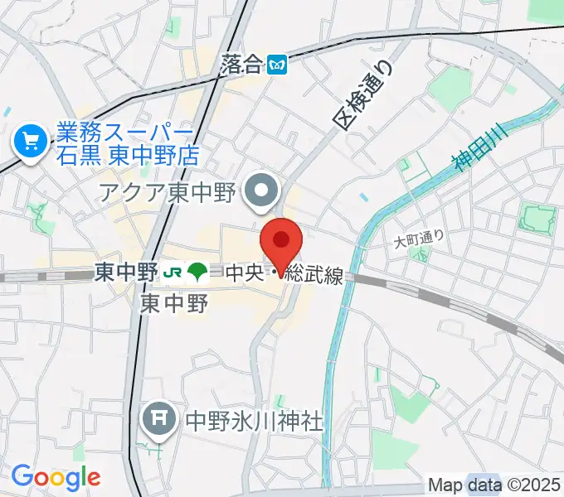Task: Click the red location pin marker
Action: (x=281, y=241)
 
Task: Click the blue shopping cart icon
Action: (x=32, y=142)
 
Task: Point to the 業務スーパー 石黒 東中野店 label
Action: (x=124, y=142)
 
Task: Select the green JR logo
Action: (x=173, y=271)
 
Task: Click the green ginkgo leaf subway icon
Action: (x=197, y=271)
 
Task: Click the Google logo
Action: (x=56, y=476)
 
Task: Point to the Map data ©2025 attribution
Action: (x=494, y=485)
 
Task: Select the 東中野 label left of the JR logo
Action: (x=126, y=271)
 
